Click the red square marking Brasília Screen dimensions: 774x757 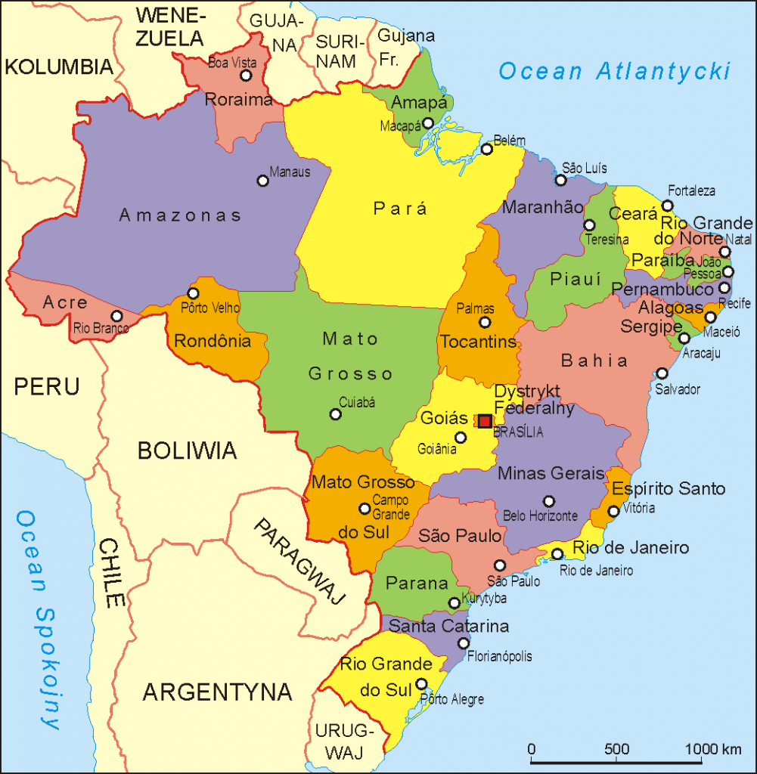point(485,420)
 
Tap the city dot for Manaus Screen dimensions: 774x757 point(263,181)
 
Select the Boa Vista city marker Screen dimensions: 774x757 point(246,76)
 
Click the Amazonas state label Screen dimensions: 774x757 point(180,216)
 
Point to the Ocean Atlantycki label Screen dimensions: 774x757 point(615,71)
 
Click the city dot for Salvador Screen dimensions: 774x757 point(662,373)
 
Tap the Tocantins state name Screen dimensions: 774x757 point(479,342)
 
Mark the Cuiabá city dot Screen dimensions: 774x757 point(335,413)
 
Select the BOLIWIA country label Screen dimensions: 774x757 point(187,451)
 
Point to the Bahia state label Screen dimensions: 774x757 point(594,361)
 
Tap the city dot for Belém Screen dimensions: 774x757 point(487,149)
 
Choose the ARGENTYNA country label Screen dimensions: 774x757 point(218,691)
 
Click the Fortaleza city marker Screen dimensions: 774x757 point(667,206)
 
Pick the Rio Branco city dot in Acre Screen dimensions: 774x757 point(116,316)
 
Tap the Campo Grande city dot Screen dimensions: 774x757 point(365,508)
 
